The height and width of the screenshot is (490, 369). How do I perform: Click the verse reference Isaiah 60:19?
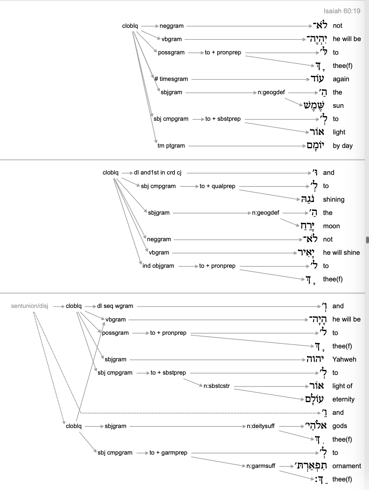tap(342, 11)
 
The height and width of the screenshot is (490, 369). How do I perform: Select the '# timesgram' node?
tap(171, 79)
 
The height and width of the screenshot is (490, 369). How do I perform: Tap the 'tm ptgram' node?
tap(171, 146)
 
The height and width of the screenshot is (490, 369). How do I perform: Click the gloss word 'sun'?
tap(338, 106)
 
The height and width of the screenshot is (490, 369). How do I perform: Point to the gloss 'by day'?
tap(342, 146)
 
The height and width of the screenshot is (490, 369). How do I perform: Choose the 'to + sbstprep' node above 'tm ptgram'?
tap(223, 119)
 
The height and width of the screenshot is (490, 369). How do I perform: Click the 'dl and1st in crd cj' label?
tap(158, 173)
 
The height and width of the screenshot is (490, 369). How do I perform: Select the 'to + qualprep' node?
tap(217, 186)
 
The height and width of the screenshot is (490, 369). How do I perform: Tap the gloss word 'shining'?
tap(334, 199)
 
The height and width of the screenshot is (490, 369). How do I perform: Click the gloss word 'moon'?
tap(331, 226)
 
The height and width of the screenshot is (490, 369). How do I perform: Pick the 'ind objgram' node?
tap(158, 266)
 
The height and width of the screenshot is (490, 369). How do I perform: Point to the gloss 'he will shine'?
tap(341, 253)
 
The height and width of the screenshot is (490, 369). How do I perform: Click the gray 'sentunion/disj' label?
tap(29, 306)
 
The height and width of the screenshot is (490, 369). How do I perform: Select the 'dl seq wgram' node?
tap(115, 306)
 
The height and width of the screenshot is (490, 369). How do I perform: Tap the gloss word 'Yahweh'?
tap(344, 359)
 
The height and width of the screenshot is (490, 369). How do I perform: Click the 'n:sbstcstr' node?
tap(217, 386)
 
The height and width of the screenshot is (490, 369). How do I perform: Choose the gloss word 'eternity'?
tap(343, 399)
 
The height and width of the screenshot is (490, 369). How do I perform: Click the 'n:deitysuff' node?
tap(261, 426)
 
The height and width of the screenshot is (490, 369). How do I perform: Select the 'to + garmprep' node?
tap(168, 453)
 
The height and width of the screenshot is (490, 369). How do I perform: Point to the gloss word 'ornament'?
tap(347, 466)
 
